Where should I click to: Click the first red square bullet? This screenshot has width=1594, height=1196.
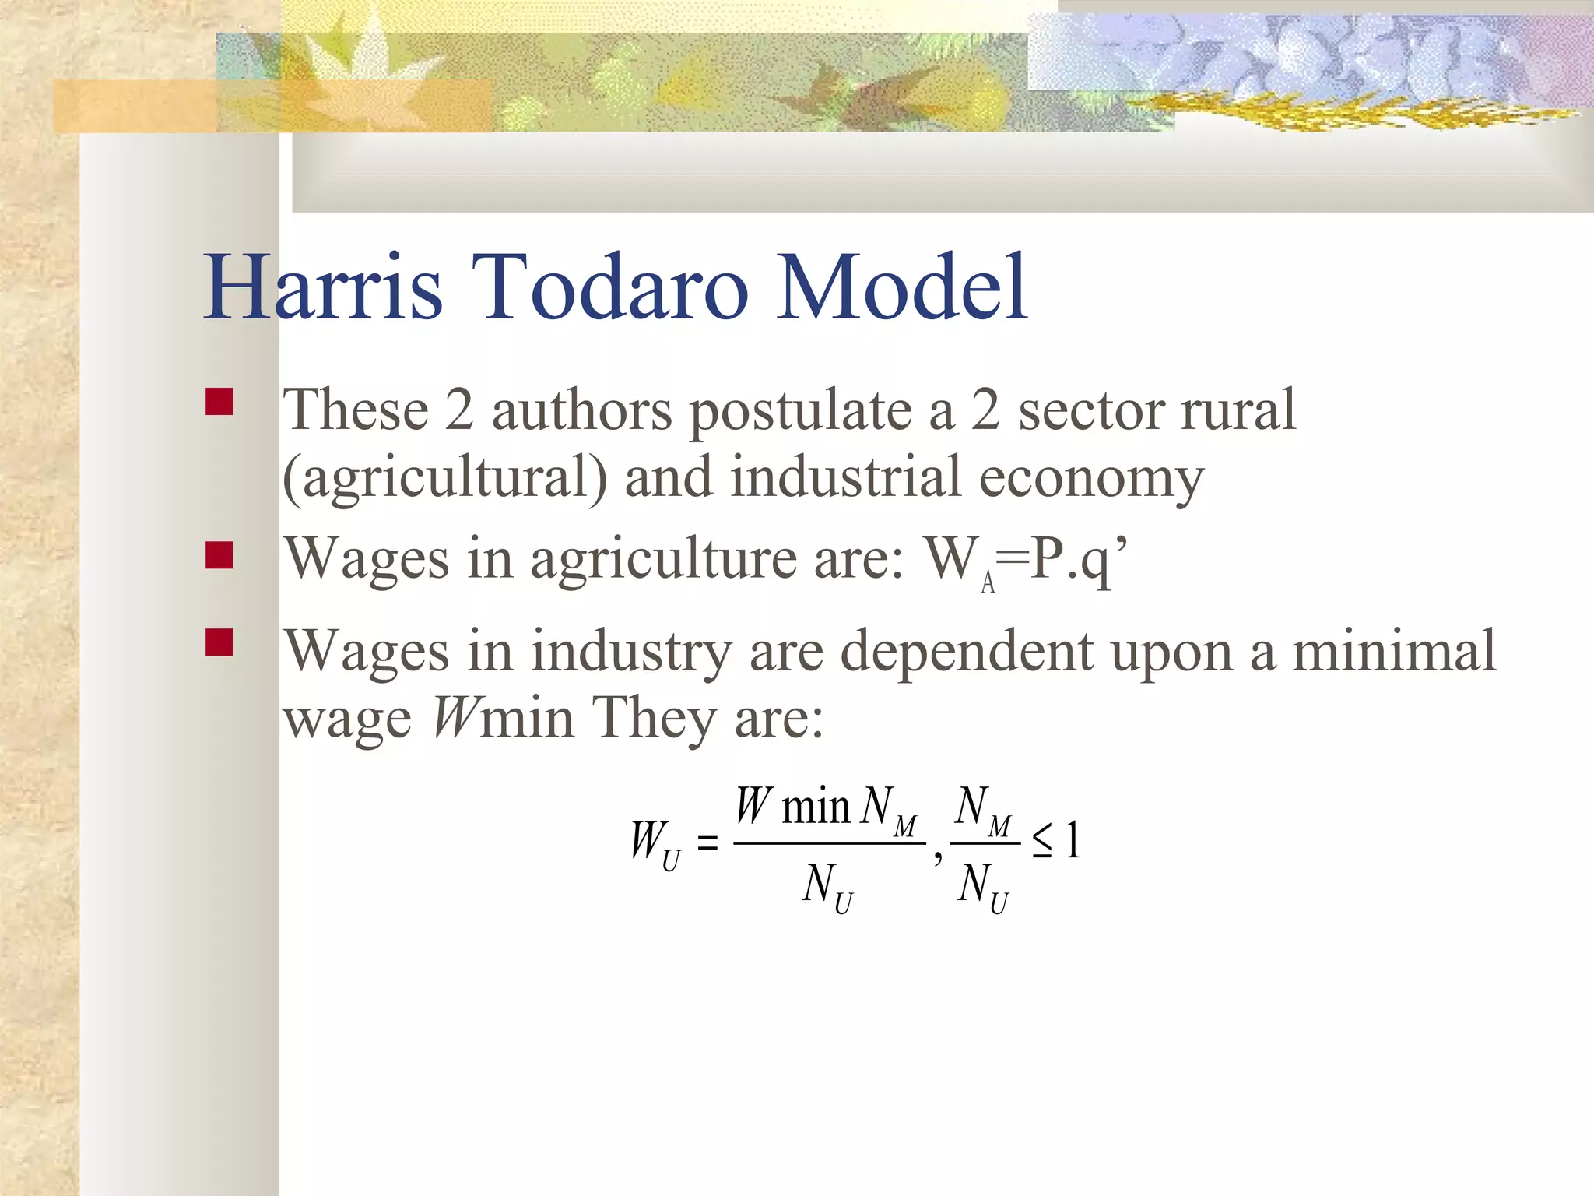point(219,402)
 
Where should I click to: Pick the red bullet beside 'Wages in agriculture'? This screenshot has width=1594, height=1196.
point(219,555)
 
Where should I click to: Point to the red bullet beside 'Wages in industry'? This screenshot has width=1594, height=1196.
point(219,642)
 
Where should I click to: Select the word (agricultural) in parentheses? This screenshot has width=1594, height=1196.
point(444,478)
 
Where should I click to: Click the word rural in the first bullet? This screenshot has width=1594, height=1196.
point(1238,410)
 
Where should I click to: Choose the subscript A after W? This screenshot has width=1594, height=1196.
point(988,582)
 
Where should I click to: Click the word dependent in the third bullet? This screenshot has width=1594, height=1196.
point(967,651)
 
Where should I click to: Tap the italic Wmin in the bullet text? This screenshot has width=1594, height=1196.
point(503,717)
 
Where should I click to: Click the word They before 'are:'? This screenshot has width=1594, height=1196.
point(654,717)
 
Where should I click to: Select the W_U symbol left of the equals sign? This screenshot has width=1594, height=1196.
point(655,843)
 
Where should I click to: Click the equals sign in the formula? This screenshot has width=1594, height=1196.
point(707,842)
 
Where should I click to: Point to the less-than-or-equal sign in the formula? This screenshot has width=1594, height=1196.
point(1042,842)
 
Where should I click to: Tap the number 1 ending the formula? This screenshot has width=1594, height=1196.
point(1073,841)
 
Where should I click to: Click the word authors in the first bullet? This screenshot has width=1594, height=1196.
point(582,410)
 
